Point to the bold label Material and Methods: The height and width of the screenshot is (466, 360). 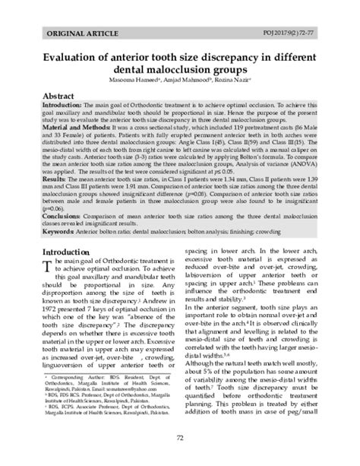tap(73, 127)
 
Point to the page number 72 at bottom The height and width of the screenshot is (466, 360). tap(180, 438)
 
